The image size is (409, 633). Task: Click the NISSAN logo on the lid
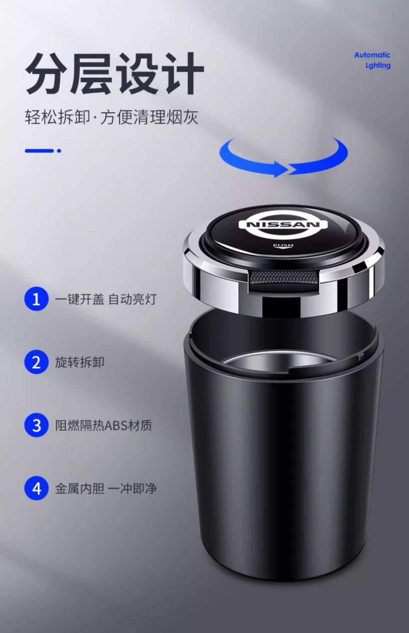click(x=283, y=225)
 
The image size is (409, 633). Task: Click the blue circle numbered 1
click(x=36, y=299)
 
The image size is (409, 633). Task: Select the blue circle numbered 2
click(x=36, y=362)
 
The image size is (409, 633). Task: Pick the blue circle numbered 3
click(x=36, y=425)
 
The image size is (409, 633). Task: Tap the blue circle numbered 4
click(x=36, y=488)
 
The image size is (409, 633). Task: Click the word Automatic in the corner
click(x=372, y=55)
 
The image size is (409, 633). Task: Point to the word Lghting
click(x=378, y=65)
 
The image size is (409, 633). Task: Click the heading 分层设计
click(x=115, y=74)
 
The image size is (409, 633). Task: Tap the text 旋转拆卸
click(x=80, y=362)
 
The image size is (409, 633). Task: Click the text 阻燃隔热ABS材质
click(x=104, y=425)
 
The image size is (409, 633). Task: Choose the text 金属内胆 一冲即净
click(x=106, y=488)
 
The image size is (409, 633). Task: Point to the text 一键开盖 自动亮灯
click(x=106, y=299)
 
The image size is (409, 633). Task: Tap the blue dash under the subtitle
click(x=39, y=151)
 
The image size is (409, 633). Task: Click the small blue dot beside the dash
click(x=59, y=151)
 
